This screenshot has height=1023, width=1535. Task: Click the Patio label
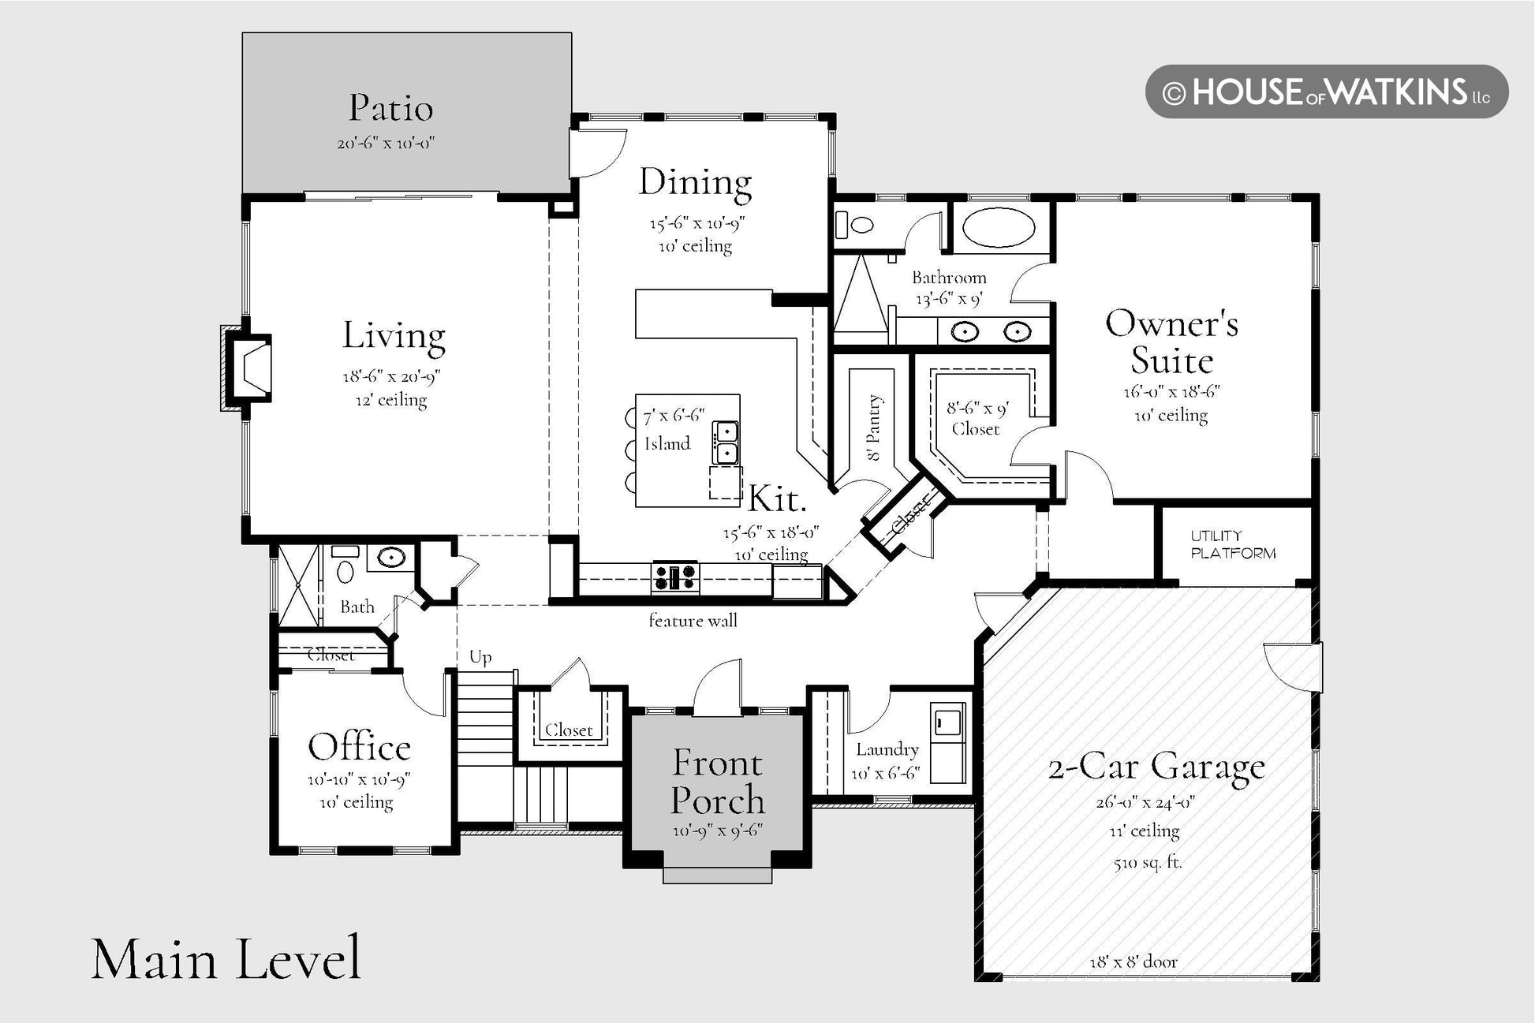[391, 108]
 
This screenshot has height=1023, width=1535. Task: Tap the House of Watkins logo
[1327, 92]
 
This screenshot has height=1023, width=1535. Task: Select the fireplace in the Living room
[247, 368]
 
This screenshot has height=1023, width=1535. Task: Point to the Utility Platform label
[1233, 545]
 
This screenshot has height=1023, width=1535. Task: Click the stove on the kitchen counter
[675, 577]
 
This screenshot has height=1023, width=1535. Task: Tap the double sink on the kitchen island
[726, 442]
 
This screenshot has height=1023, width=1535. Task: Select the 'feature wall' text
[693, 621]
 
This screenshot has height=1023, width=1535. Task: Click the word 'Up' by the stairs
[480, 657]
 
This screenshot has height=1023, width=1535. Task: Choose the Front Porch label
[718, 782]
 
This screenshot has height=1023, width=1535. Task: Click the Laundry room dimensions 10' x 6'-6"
[886, 774]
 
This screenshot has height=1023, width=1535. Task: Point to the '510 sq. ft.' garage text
[1147, 862]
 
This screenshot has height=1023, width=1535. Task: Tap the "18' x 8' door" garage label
[1134, 962]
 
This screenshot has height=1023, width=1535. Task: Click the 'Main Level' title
[226, 959]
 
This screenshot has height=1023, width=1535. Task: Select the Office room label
[359, 747]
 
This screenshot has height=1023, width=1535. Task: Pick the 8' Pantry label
[874, 427]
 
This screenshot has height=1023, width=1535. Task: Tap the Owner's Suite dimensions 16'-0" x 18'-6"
[1171, 392]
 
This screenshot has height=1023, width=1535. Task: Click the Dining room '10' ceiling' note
[695, 246]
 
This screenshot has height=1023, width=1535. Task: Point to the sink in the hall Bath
[391, 558]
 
